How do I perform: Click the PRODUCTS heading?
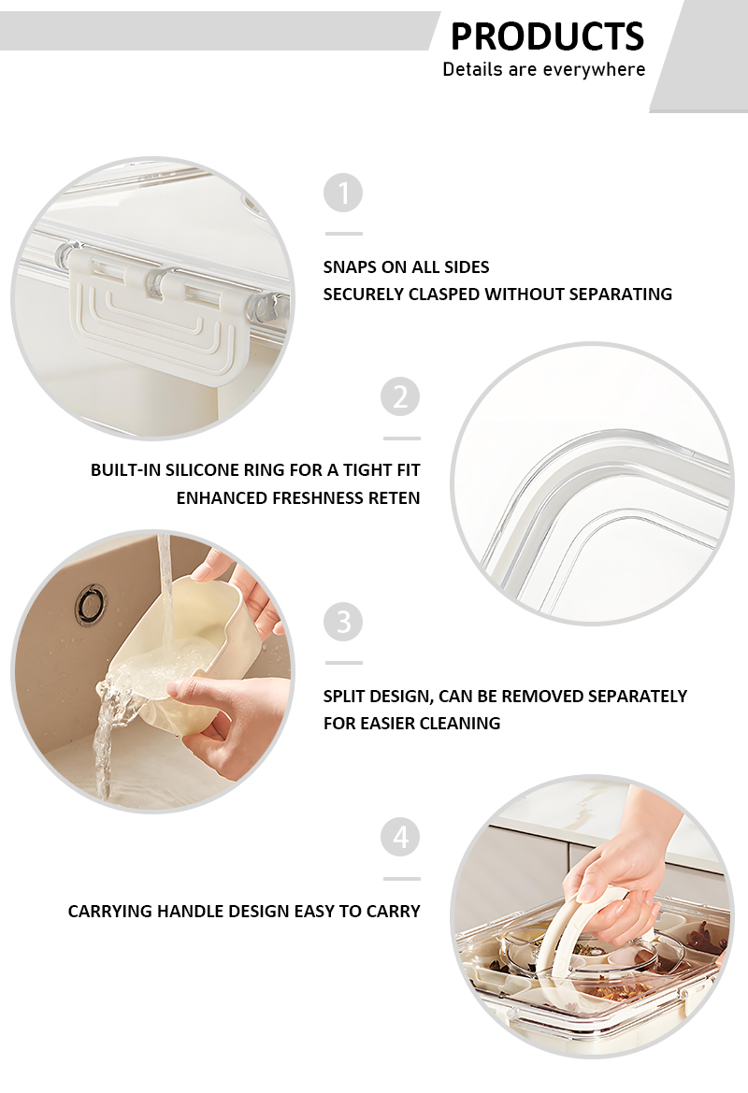point(547,36)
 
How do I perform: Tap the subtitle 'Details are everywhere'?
point(544,70)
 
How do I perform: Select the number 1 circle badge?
point(343,193)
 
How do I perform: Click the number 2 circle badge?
point(400,396)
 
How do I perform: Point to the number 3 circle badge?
point(343,621)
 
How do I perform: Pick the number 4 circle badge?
point(400,837)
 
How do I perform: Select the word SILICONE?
point(201,470)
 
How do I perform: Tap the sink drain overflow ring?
point(92,604)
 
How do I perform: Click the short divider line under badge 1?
point(344,234)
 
